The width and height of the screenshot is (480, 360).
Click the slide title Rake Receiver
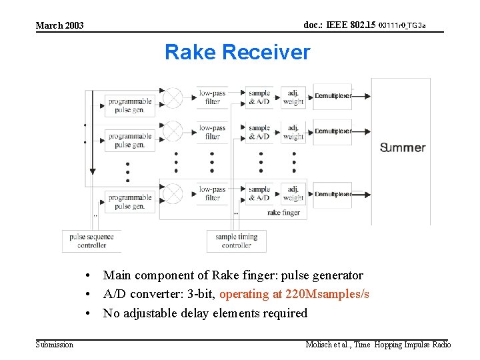(237, 52)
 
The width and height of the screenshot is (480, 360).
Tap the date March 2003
(59, 26)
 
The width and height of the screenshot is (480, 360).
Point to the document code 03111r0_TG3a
(401, 26)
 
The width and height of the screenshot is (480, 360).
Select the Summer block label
(402, 147)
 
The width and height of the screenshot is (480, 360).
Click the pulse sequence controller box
(91, 241)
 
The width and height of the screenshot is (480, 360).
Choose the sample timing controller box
(236, 241)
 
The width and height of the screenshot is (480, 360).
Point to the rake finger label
(283, 213)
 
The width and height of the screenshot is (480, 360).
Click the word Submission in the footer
(55, 345)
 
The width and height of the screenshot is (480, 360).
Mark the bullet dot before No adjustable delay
(87, 313)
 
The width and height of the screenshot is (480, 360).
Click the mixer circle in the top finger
(173, 97)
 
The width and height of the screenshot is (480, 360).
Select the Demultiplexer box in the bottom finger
(333, 194)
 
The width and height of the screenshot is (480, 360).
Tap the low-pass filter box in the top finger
(212, 97)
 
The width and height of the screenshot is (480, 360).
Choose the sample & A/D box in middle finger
(259, 132)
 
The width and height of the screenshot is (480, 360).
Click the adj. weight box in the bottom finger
(293, 193)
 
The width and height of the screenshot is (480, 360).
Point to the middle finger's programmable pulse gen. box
(130, 141)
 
